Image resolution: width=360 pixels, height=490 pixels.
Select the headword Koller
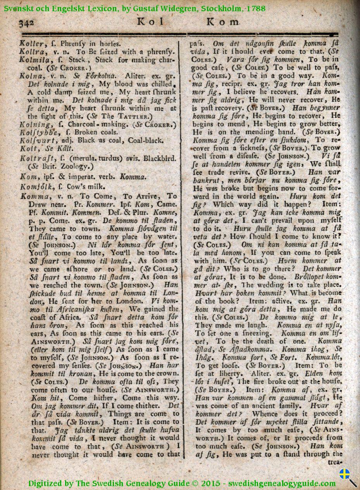[x=31, y=44]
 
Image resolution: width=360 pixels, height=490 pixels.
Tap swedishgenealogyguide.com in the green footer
[x=282, y=483]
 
